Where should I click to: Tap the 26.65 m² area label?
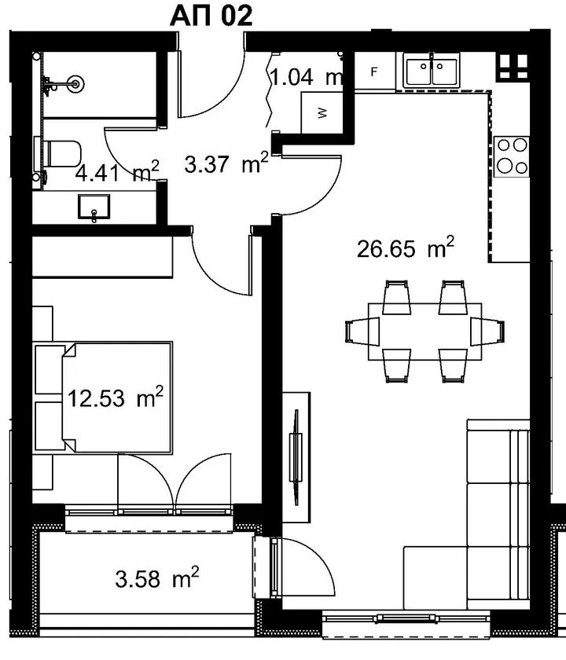406,247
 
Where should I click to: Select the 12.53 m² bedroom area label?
115,397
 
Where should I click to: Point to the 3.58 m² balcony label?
157,577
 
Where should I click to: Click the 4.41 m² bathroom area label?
117,171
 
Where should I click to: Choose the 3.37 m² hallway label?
226,163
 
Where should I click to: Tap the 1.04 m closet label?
306,77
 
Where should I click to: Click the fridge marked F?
374,71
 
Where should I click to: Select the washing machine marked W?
321,113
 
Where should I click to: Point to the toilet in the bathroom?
62,154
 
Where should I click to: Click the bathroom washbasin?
94,207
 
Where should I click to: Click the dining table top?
425,332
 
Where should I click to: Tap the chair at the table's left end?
362,332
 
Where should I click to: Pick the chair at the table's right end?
487,332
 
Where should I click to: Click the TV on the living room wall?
296,457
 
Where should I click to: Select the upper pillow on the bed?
50,369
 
